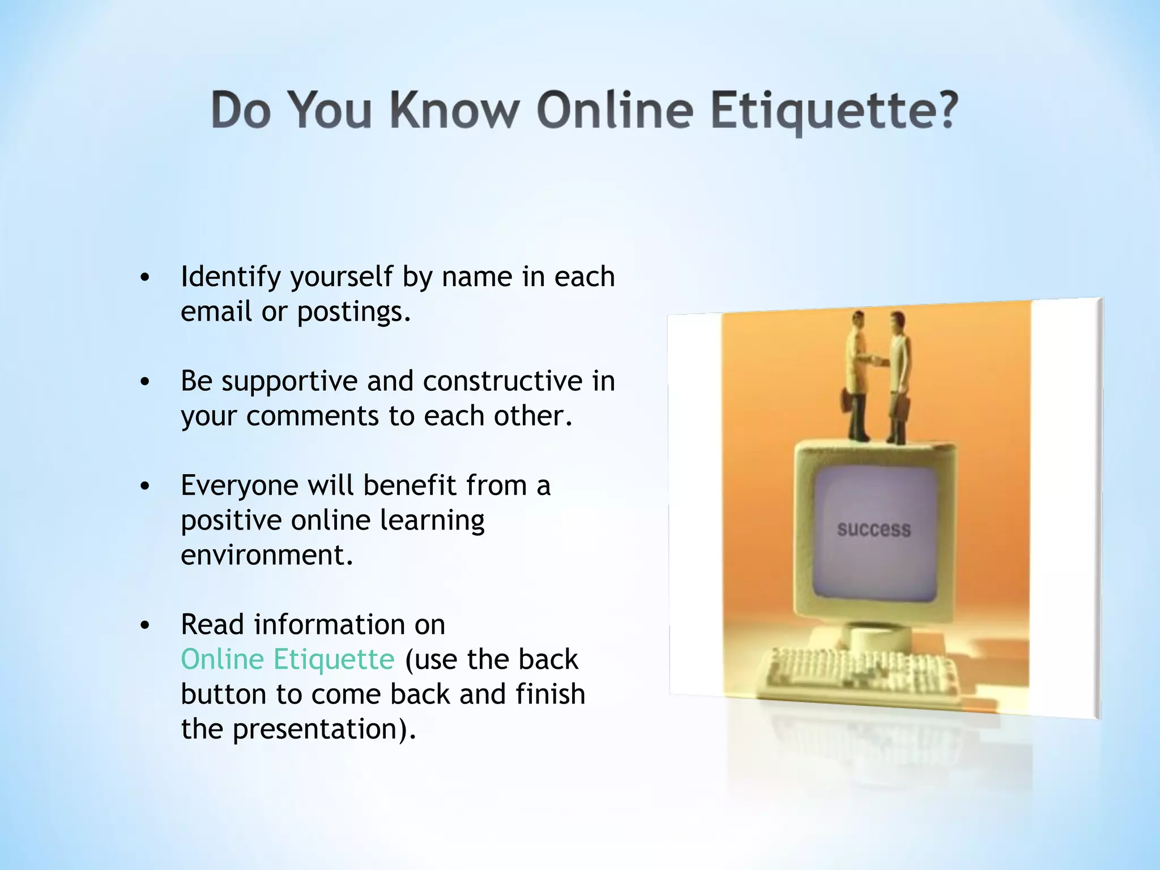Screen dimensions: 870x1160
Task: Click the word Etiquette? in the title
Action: point(834,110)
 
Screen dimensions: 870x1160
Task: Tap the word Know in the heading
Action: point(454,110)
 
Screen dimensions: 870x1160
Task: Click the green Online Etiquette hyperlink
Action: point(287,659)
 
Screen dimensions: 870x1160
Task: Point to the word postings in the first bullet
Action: point(351,312)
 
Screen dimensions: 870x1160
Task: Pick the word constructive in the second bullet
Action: point(502,381)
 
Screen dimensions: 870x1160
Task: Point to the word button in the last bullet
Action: point(224,694)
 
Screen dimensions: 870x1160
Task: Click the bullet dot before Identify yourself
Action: point(146,278)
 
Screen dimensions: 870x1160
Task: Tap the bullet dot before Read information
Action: point(146,625)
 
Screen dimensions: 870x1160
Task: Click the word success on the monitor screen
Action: point(874,530)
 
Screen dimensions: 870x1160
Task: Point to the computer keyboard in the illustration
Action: point(861,674)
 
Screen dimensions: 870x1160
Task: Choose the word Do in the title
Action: point(240,110)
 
